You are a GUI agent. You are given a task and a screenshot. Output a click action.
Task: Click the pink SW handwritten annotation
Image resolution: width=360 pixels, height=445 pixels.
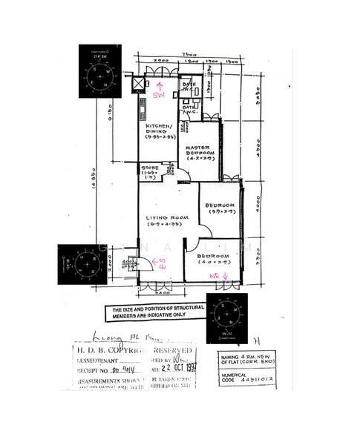158,96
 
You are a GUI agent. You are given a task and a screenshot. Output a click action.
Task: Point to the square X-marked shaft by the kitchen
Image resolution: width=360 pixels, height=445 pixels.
139,84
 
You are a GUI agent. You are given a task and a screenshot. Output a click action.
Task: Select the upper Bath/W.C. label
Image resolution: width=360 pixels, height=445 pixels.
189,88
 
